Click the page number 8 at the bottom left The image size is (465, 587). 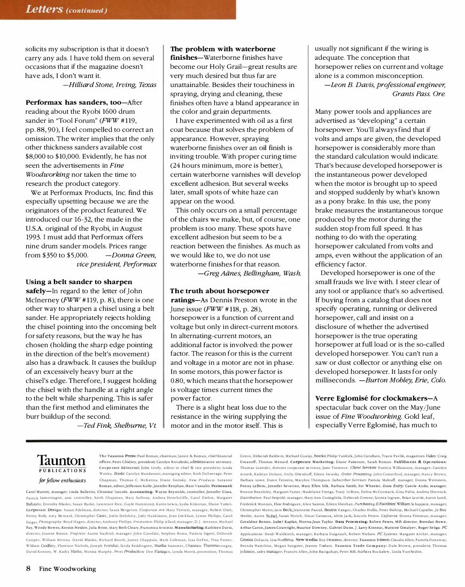[28, 568]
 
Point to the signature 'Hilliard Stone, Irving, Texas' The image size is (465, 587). [109, 84]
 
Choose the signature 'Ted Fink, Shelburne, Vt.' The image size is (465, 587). [117, 426]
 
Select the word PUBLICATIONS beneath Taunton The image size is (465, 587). [61, 471]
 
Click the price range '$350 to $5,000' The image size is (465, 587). [57, 255]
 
